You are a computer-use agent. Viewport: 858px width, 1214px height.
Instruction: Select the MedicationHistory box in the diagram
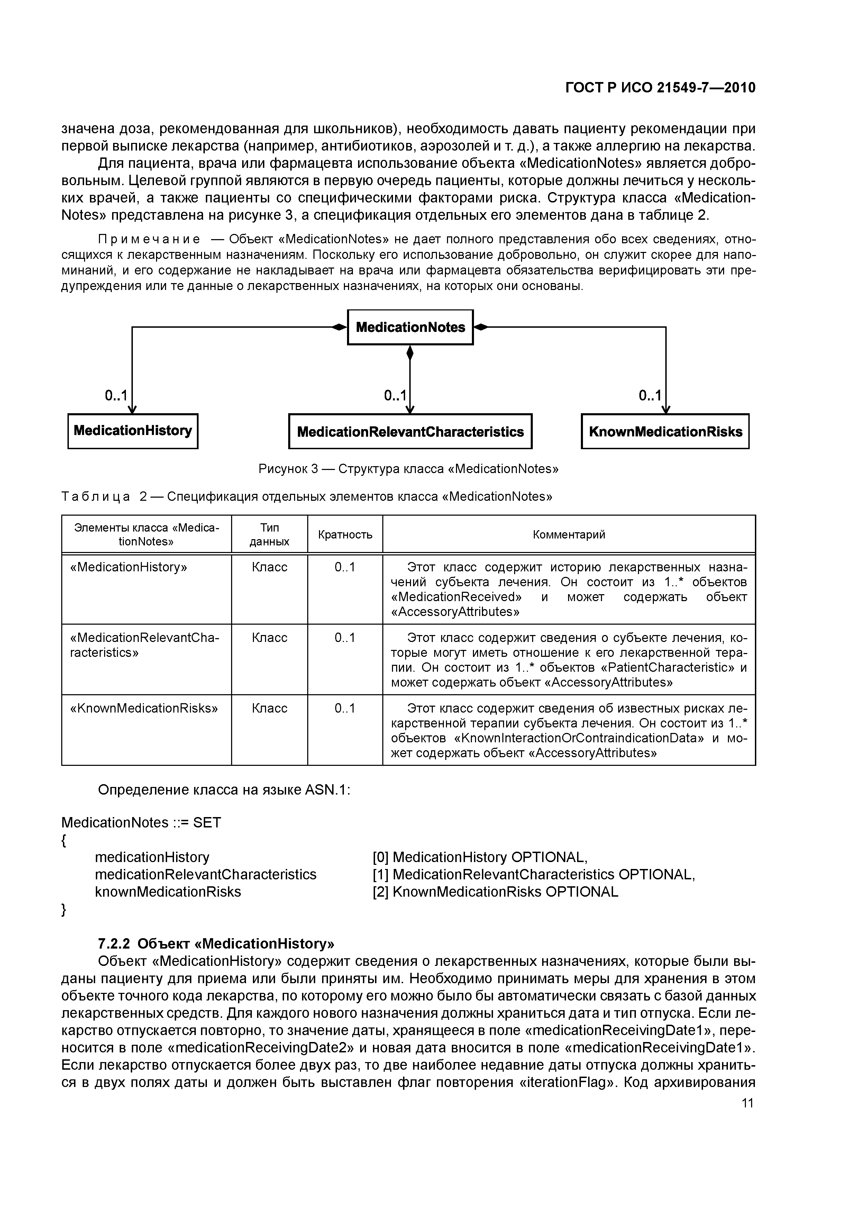pos(133,431)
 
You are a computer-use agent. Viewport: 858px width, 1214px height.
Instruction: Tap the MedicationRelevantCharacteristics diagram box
pos(410,432)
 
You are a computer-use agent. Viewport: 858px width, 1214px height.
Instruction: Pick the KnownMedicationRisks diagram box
pos(665,432)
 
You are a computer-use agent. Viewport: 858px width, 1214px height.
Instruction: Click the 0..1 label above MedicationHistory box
pos(116,396)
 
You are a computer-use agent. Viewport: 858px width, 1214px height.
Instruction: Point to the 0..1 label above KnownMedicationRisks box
pos(650,396)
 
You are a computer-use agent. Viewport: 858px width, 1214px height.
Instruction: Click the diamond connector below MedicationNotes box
pos(410,352)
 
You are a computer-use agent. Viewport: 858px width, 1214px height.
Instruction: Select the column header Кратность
pos(345,535)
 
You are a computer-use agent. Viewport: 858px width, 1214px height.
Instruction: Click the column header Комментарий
pos(569,535)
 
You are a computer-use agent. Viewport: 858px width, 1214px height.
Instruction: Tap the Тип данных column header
pos(269,535)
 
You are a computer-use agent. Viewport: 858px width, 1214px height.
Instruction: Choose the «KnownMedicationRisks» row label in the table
pos(144,708)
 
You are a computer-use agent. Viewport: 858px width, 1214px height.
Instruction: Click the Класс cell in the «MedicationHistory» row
pos(269,567)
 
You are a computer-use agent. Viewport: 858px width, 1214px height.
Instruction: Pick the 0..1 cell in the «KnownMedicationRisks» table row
pos(345,708)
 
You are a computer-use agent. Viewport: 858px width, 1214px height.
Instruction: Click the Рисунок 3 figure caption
pos(408,469)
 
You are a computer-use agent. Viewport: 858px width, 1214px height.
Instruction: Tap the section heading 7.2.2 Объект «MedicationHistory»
pos(216,944)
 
